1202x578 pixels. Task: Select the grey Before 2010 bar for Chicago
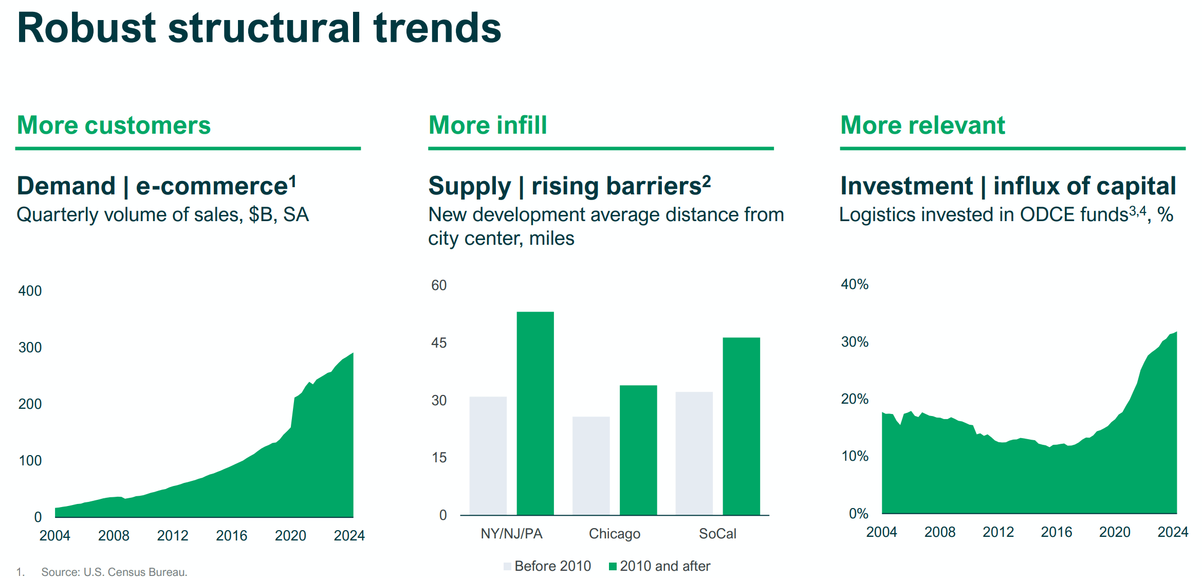pos(590,465)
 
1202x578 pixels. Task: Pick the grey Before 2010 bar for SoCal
pos(694,453)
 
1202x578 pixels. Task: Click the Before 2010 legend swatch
pos(507,566)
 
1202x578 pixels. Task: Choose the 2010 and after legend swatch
pos(612,566)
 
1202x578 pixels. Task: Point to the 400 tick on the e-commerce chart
pos(30,291)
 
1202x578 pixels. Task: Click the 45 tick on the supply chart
pos(439,342)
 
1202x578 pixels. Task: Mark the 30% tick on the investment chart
pos(854,341)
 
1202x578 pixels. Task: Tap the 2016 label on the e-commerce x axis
pos(231,535)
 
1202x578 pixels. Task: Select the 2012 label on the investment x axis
pos(998,532)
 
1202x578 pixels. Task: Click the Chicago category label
pos(614,533)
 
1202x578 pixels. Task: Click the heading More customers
pos(114,125)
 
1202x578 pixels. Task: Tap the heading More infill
pos(487,125)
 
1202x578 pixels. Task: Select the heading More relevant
pos(922,125)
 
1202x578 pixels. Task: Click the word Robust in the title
pos(86,28)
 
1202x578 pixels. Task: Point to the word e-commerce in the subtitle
pos(211,186)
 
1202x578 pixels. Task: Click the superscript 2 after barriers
pos(707,180)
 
